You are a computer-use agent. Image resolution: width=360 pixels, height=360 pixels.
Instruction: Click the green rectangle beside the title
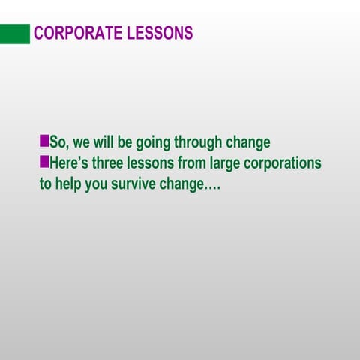click(15, 34)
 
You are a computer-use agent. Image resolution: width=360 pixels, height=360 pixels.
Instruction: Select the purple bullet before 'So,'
click(43, 141)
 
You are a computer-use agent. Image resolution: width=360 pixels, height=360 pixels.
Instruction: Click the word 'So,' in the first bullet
click(58, 142)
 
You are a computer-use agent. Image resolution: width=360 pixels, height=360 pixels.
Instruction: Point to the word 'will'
click(103, 142)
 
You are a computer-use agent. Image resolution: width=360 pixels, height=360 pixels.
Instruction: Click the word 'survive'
click(133, 184)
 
